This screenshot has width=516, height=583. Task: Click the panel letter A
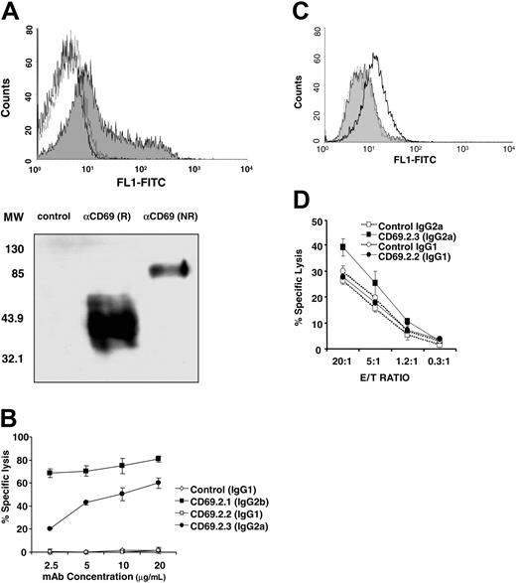[12, 10]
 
